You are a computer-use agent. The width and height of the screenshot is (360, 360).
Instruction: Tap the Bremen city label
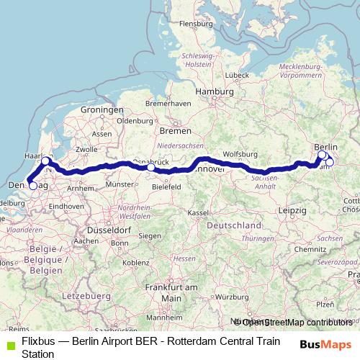(176, 131)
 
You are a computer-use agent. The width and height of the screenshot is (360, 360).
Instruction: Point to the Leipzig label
(292, 209)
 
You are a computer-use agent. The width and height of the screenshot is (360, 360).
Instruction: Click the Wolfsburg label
(240, 154)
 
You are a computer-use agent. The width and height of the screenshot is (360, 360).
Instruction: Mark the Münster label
(120, 184)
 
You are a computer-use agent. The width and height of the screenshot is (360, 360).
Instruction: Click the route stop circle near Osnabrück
(150, 168)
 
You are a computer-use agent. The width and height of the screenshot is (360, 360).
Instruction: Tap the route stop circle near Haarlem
(45, 161)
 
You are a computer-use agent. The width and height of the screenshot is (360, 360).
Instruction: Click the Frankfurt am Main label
(171, 292)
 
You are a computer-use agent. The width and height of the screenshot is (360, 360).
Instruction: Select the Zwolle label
(86, 149)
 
